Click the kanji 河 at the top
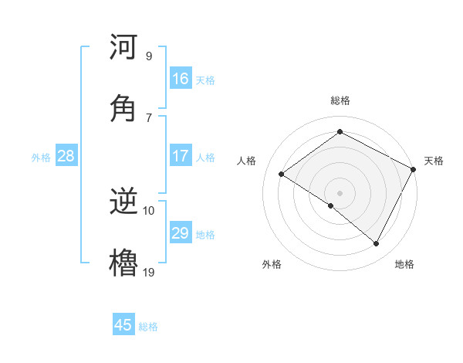124,47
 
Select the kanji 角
124,108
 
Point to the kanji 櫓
124,263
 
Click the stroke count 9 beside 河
148,56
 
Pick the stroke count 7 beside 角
148,117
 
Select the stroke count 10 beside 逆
149,210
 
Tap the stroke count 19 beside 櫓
149,271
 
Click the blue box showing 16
181,79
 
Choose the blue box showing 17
181,156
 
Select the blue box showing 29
181,233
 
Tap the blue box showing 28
66,156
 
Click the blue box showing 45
123,325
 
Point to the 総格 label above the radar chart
340,100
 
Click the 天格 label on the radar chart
434,161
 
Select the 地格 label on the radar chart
404,264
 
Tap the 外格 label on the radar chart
272,264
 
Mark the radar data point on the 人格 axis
282,175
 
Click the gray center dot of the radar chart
340,192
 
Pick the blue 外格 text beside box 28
41,157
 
